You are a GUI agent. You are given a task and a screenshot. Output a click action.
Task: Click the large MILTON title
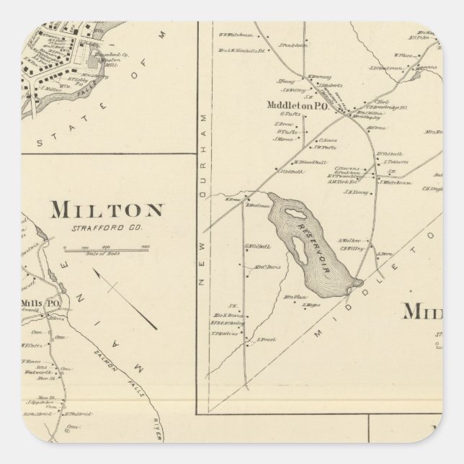click(106, 210)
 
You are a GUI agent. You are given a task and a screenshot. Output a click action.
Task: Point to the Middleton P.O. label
click(298, 104)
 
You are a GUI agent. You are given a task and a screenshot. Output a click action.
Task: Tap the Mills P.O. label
click(43, 303)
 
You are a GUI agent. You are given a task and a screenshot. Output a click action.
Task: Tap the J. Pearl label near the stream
click(266, 336)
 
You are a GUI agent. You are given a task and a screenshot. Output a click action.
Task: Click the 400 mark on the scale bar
click(146, 246)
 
